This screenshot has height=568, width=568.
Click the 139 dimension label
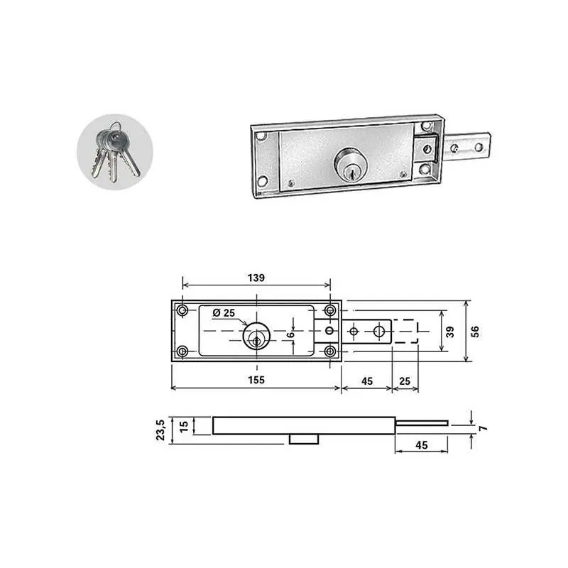coord(256,278)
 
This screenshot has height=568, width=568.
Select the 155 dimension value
coord(256,380)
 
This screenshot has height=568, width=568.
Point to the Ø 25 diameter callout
coord(224,312)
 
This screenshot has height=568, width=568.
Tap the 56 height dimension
coord(475,332)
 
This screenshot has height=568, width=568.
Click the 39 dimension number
coord(450,332)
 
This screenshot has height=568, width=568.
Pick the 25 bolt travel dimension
coord(405,381)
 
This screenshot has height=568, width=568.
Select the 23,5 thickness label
coord(160,430)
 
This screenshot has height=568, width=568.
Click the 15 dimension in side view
coord(184,427)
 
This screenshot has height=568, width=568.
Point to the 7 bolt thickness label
coord(483,429)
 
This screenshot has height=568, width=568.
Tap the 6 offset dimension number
coord(290,334)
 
